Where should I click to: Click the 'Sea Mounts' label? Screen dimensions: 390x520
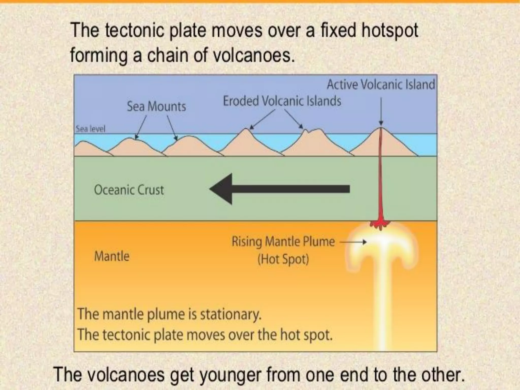156,106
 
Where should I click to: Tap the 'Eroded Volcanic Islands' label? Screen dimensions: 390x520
282,101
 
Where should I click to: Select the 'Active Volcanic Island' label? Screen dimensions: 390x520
381,85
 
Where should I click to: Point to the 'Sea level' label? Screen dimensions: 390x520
90,129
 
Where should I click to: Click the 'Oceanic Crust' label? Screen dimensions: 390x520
129,190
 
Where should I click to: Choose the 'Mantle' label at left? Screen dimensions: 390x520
112,256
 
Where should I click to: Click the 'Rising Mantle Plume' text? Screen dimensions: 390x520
283,241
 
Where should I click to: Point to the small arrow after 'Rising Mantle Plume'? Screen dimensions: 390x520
353,242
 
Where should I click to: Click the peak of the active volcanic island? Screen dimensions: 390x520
381,128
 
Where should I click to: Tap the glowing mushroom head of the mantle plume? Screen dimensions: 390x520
381,244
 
